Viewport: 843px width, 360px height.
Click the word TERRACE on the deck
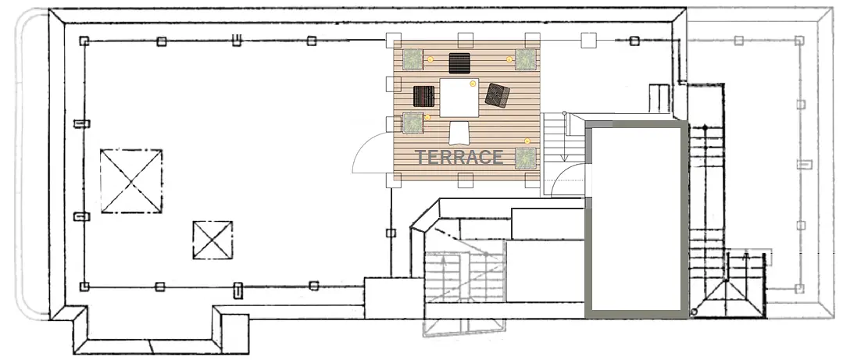tap(459, 157)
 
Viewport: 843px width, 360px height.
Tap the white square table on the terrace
tap(459, 98)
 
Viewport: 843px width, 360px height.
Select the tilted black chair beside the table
tap(498, 95)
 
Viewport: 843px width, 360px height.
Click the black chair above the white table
tap(459, 63)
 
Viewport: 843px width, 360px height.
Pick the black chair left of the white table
tap(424, 96)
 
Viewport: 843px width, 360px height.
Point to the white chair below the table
tap(459, 133)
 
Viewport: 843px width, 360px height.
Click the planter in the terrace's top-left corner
tap(413, 59)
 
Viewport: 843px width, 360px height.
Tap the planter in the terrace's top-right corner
tap(526, 59)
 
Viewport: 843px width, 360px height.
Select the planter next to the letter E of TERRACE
tap(526, 159)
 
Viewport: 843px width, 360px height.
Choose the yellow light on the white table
tap(473, 84)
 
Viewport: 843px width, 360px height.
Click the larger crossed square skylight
tap(131, 181)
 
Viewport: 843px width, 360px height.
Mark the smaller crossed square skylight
tap(213, 240)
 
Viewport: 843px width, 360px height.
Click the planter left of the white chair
tap(413, 123)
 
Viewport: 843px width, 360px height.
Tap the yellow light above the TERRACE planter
tap(527, 141)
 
